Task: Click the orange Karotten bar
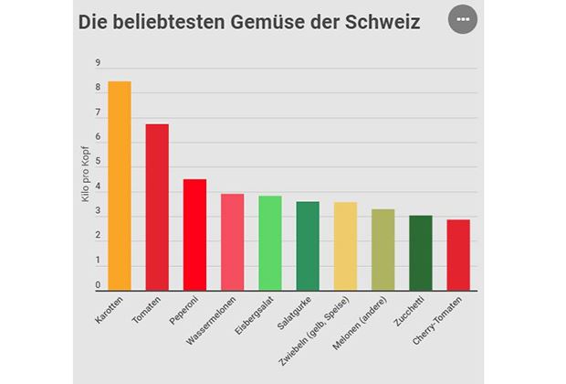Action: [x=120, y=186]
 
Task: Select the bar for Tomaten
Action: [x=157, y=208]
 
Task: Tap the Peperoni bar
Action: [x=194, y=235]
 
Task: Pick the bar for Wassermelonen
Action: [x=232, y=242]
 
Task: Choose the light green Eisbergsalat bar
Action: [x=269, y=243]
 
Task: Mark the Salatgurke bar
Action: [x=308, y=246]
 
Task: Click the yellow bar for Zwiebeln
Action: [x=345, y=247]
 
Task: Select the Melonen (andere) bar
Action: [x=383, y=250]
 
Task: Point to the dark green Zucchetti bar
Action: [x=420, y=253]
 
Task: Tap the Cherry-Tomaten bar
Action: [x=458, y=255]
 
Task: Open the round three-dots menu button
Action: [x=463, y=20]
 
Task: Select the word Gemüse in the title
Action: [x=257, y=22]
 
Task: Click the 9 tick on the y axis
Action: [x=97, y=63]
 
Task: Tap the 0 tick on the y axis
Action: [x=97, y=286]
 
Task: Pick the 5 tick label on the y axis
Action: [x=97, y=163]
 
